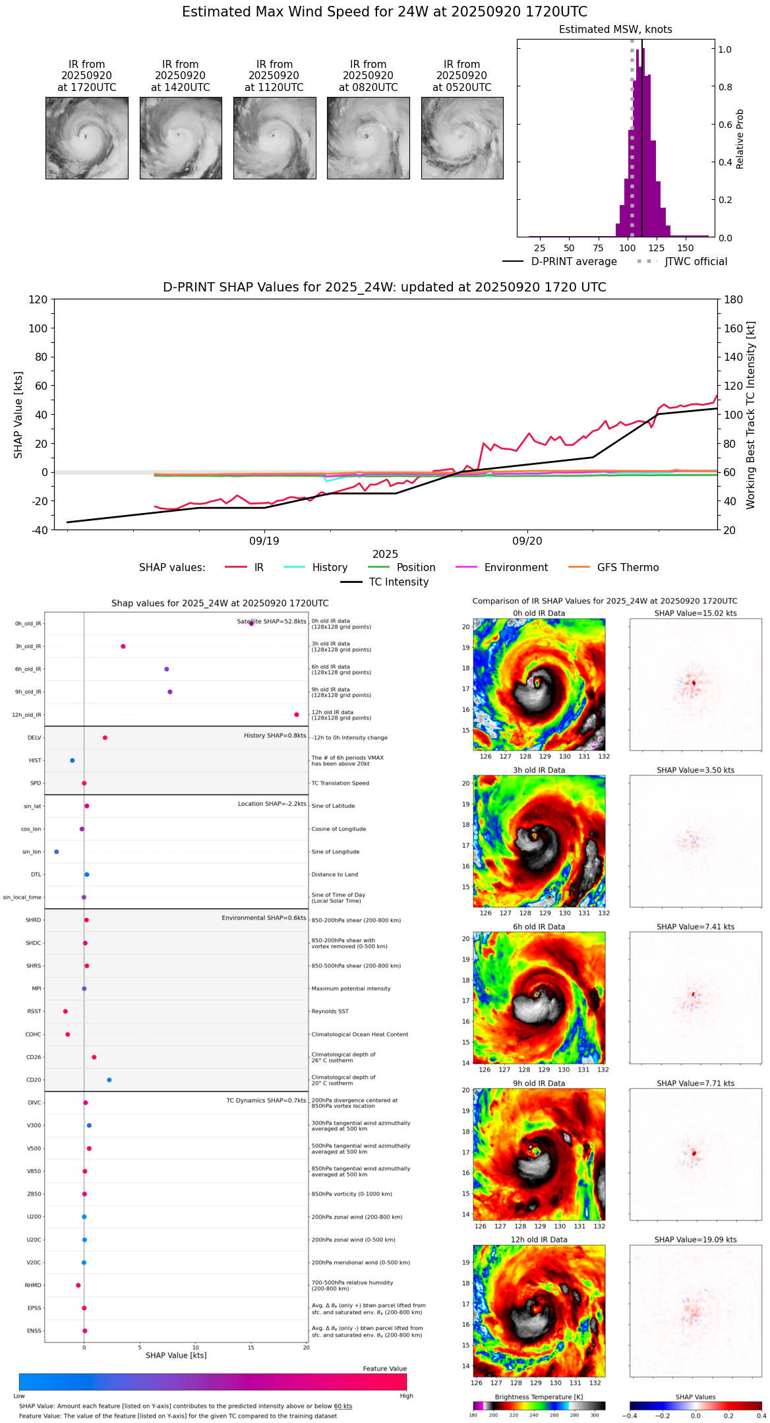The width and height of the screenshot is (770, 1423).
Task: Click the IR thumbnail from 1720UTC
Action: (87, 138)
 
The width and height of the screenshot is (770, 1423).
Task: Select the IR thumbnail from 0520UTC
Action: (462, 138)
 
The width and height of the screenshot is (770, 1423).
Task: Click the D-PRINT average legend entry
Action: (560, 262)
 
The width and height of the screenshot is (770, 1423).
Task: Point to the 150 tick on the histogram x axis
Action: (686, 248)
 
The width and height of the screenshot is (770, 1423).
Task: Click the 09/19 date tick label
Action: (264, 541)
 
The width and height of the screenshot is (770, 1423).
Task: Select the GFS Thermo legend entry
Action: (613, 568)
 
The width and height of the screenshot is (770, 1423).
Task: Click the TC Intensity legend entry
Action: (385, 582)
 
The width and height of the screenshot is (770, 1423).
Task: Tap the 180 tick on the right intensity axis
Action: (733, 299)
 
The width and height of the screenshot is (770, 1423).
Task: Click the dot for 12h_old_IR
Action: (297, 715)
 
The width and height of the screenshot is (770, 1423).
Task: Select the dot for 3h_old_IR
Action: (123, 646)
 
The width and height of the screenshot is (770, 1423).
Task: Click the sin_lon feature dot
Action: (56, 852)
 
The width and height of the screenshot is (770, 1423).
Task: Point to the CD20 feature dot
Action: (109, 1080)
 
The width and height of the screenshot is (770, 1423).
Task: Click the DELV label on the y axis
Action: (34, 738)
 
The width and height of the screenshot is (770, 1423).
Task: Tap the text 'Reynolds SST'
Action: (330, 1012)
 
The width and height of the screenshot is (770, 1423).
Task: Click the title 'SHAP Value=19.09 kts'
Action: (696, 1240)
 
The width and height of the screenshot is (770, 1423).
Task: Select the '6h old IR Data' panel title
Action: (539, 926)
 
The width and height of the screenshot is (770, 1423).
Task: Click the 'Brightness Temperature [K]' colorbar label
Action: (539, 1397)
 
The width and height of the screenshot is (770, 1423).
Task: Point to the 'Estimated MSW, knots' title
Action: (616, 30)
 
